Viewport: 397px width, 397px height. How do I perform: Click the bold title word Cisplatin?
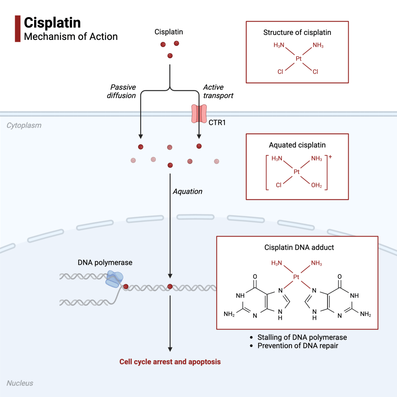(x=52, y=22)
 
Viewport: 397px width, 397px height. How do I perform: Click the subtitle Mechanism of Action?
(x=71, y=37)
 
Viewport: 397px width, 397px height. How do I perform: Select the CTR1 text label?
(x=217, y=123)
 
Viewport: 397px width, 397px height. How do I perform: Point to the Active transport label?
(x=218, y=91)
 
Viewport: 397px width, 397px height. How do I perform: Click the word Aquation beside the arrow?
(x=188, y=192)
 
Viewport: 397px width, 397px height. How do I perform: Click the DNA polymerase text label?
(x=105, y=262)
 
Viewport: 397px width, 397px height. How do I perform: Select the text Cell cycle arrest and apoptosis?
(x=170, y=362)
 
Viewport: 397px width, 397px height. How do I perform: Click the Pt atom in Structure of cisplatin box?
(x=299, y=59)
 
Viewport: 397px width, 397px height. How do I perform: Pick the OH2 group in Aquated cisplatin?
(x=316, y=185)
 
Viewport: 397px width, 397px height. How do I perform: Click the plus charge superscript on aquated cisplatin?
(x=330, y=157)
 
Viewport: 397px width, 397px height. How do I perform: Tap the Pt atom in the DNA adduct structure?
(x=297, y=277)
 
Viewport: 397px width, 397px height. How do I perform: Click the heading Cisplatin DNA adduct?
(x=299, y=247)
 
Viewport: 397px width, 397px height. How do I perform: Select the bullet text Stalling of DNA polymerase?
(x=302, y=337)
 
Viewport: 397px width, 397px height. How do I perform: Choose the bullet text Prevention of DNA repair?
(x=298, y=345)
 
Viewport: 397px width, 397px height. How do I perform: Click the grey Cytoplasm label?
(x=24, y=126)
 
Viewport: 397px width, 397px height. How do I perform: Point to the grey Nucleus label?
(x=20, y=383)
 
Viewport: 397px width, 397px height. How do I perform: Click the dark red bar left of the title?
(x=17, y=29)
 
